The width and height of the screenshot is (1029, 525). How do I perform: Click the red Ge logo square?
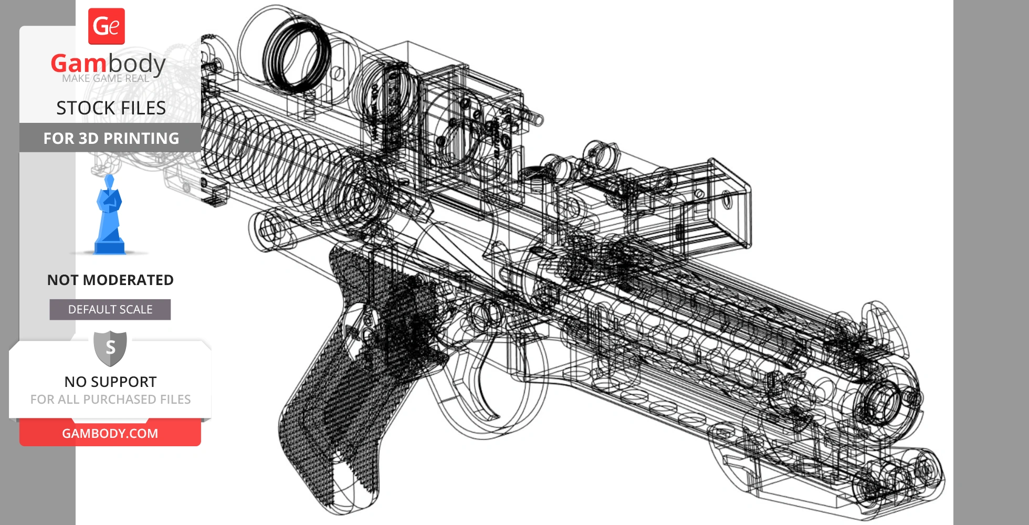[x=107, y=26]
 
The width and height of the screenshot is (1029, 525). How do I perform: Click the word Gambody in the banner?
[x=108, y=64]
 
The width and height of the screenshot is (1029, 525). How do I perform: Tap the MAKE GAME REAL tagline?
[x=106, y=79]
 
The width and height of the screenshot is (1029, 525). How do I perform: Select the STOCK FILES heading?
[x=111, y=108]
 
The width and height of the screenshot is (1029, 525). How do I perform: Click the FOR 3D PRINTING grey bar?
[x=111, y=138]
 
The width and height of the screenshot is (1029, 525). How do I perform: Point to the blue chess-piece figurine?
[x=109, y=216]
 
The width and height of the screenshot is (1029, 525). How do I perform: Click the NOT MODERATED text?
[x=110, y=280]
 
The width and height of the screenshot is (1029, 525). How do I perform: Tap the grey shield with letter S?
[x=110, y=348]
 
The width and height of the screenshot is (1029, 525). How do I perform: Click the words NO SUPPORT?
[x=110, y=382]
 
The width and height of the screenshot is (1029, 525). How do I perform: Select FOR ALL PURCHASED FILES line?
[x=110, y=400]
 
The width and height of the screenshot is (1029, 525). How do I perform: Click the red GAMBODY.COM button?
[x=110, y=433]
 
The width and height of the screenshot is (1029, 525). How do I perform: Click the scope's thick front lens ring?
[x=297, y=55]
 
